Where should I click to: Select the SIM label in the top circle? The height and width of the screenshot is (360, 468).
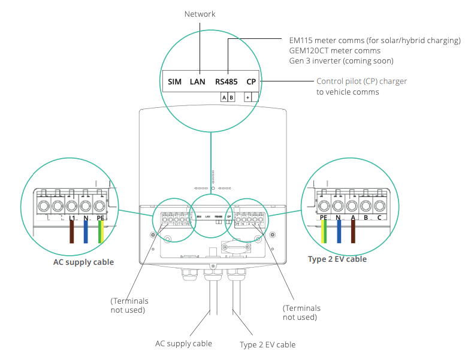tap(174, 81)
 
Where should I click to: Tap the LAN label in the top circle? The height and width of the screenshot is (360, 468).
tap(198, 81)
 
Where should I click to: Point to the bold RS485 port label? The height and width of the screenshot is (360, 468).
tap(227, 81)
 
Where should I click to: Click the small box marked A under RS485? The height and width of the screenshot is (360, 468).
tap(224, 97)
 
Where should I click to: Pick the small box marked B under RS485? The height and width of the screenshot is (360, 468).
tap(231, 97)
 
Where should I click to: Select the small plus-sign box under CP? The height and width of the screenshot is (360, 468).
tap(247, 97)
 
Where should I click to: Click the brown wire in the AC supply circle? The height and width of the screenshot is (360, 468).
tap(71, 233)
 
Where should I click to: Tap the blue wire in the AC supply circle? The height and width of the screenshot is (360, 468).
tap(86, 233)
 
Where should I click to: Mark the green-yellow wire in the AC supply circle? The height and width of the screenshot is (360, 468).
tap(101, 233)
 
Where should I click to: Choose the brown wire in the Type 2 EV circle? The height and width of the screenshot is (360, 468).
tap(353, 233)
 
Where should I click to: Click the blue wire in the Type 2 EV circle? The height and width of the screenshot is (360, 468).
tap(339, 233)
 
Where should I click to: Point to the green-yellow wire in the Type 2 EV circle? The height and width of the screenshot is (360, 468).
tap(324, 233)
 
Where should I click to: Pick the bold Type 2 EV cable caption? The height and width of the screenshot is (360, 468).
tap(337, 259)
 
